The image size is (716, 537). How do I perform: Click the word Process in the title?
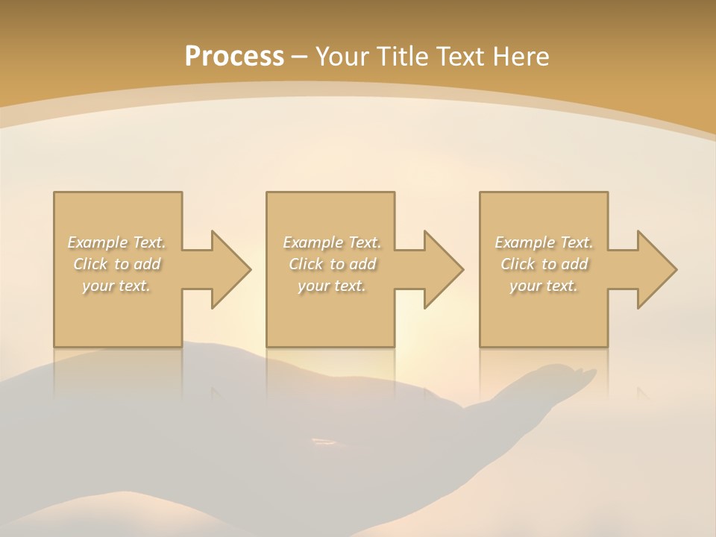click(234, 57)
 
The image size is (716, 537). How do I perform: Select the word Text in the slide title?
click(462, 57)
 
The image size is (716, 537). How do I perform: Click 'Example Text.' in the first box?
click(117, 242)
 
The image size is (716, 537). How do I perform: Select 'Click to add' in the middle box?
click(332, 264)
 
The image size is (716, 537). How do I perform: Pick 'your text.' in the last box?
click(544, 286)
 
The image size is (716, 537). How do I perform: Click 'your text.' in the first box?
click(117, 286)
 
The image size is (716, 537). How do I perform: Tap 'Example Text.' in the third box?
click(544, 242)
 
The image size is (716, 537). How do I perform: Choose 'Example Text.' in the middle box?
click(332, 242)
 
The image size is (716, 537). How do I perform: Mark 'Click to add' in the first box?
click(117, 264)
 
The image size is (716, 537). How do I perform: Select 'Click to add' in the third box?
click(544, 264)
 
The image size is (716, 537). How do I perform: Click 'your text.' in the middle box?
click(332, 286)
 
